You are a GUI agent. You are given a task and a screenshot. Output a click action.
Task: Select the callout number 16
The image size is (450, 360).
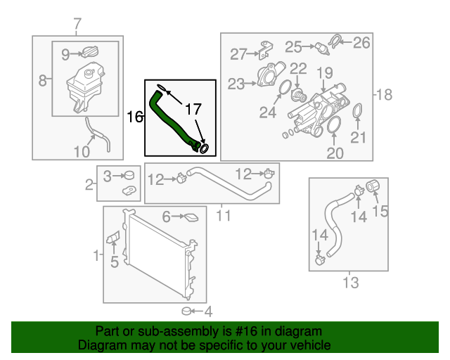(x=134, y=116)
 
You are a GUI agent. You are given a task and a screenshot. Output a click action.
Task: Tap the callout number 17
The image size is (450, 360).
(x=193, y=110)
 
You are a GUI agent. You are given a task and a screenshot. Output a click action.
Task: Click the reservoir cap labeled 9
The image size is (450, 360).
(x=90, y=53)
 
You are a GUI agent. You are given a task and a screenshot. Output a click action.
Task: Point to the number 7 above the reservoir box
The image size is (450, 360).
(x=77, y=26)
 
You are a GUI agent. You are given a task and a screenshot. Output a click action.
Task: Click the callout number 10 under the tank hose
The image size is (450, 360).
(x=82, y=151)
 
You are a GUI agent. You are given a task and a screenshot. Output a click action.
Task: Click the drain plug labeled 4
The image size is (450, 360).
(x=187, y=311)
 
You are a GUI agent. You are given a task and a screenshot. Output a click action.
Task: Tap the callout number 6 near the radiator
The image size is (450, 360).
(x=167, y=217)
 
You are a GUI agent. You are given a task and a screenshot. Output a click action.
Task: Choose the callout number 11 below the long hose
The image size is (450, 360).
(x=222, y=214)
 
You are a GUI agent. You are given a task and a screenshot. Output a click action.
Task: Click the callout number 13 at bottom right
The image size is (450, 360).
(x=350, y=283)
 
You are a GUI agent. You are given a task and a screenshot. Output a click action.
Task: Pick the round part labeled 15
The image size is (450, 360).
(x=374, y=186)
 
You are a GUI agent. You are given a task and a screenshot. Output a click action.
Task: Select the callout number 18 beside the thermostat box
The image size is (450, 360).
(x=384, y=95)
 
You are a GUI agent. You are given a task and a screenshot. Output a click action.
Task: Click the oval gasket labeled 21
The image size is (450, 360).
(x=358, y=112)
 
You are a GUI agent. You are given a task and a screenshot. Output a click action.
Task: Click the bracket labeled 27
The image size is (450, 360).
(x=266, y=50)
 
